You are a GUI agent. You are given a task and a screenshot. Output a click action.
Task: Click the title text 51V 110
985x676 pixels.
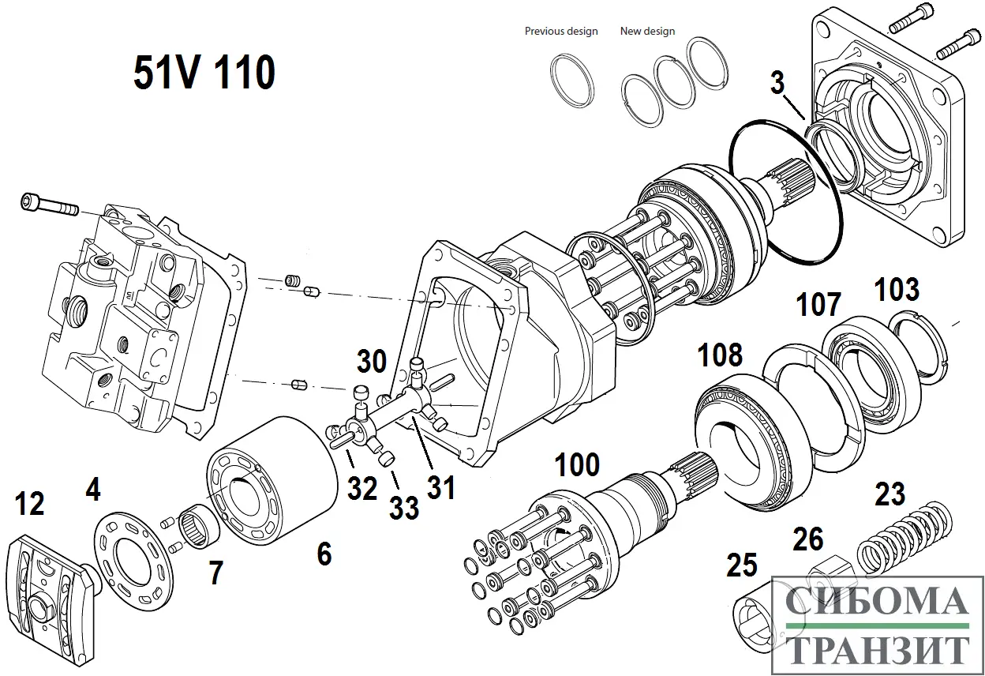pos(204,73)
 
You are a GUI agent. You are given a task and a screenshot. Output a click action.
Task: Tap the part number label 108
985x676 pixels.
pos(720,355)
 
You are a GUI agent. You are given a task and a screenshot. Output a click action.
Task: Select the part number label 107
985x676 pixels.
pos(818,304)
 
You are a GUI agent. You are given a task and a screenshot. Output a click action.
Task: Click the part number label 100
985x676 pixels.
pos(578,464)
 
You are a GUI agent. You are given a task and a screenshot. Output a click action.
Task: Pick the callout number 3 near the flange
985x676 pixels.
pos(777,82)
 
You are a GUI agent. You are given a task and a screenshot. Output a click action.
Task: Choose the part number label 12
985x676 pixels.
pos(30,504)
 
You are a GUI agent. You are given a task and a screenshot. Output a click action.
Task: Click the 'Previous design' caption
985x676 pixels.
pos(561,32)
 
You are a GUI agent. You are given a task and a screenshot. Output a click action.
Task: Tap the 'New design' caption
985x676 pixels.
pos(647,32)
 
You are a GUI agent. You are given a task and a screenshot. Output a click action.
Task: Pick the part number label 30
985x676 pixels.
pos(372,362)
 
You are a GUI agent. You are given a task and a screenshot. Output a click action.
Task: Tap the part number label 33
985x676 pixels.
pos(403,508)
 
